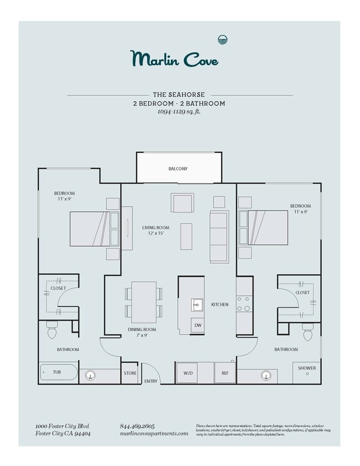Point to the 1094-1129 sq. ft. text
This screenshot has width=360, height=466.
click(178, 111)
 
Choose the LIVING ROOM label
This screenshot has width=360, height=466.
click(156, 227)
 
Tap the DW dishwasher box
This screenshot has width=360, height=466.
click(197, 325)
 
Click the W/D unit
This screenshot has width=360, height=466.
click(188, 373)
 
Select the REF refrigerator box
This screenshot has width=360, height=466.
click(225, 373)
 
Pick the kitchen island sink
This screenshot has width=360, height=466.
click(198, 304)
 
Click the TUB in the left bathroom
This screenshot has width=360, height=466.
click(58, 372)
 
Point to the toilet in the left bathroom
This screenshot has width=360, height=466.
click(52, 331)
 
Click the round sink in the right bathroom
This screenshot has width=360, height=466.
click(266, 376)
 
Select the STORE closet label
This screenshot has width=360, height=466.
click(130, 373)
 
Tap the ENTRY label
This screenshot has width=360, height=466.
click(151, 381)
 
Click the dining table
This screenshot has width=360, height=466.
click(143, 302)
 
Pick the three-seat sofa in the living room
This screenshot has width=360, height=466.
click(219, 237)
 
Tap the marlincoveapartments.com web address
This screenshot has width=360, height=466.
click(154, 433)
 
